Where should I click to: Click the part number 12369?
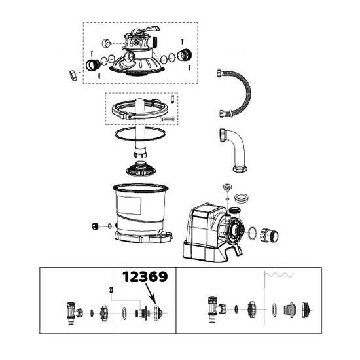click(145, 277)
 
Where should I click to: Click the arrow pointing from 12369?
click(151, 295)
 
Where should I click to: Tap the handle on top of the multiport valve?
click(147, 30)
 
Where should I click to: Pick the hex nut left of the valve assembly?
click(73, 75)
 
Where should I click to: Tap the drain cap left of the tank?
click(95, 226)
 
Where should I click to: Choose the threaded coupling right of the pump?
click(269, 236)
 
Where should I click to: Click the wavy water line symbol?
click(279, 275)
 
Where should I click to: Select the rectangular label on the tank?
click(129, 206)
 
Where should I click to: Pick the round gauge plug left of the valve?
click(106, 43)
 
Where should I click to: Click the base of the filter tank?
click(143, 237)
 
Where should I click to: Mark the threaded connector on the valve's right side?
click(185, 55)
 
